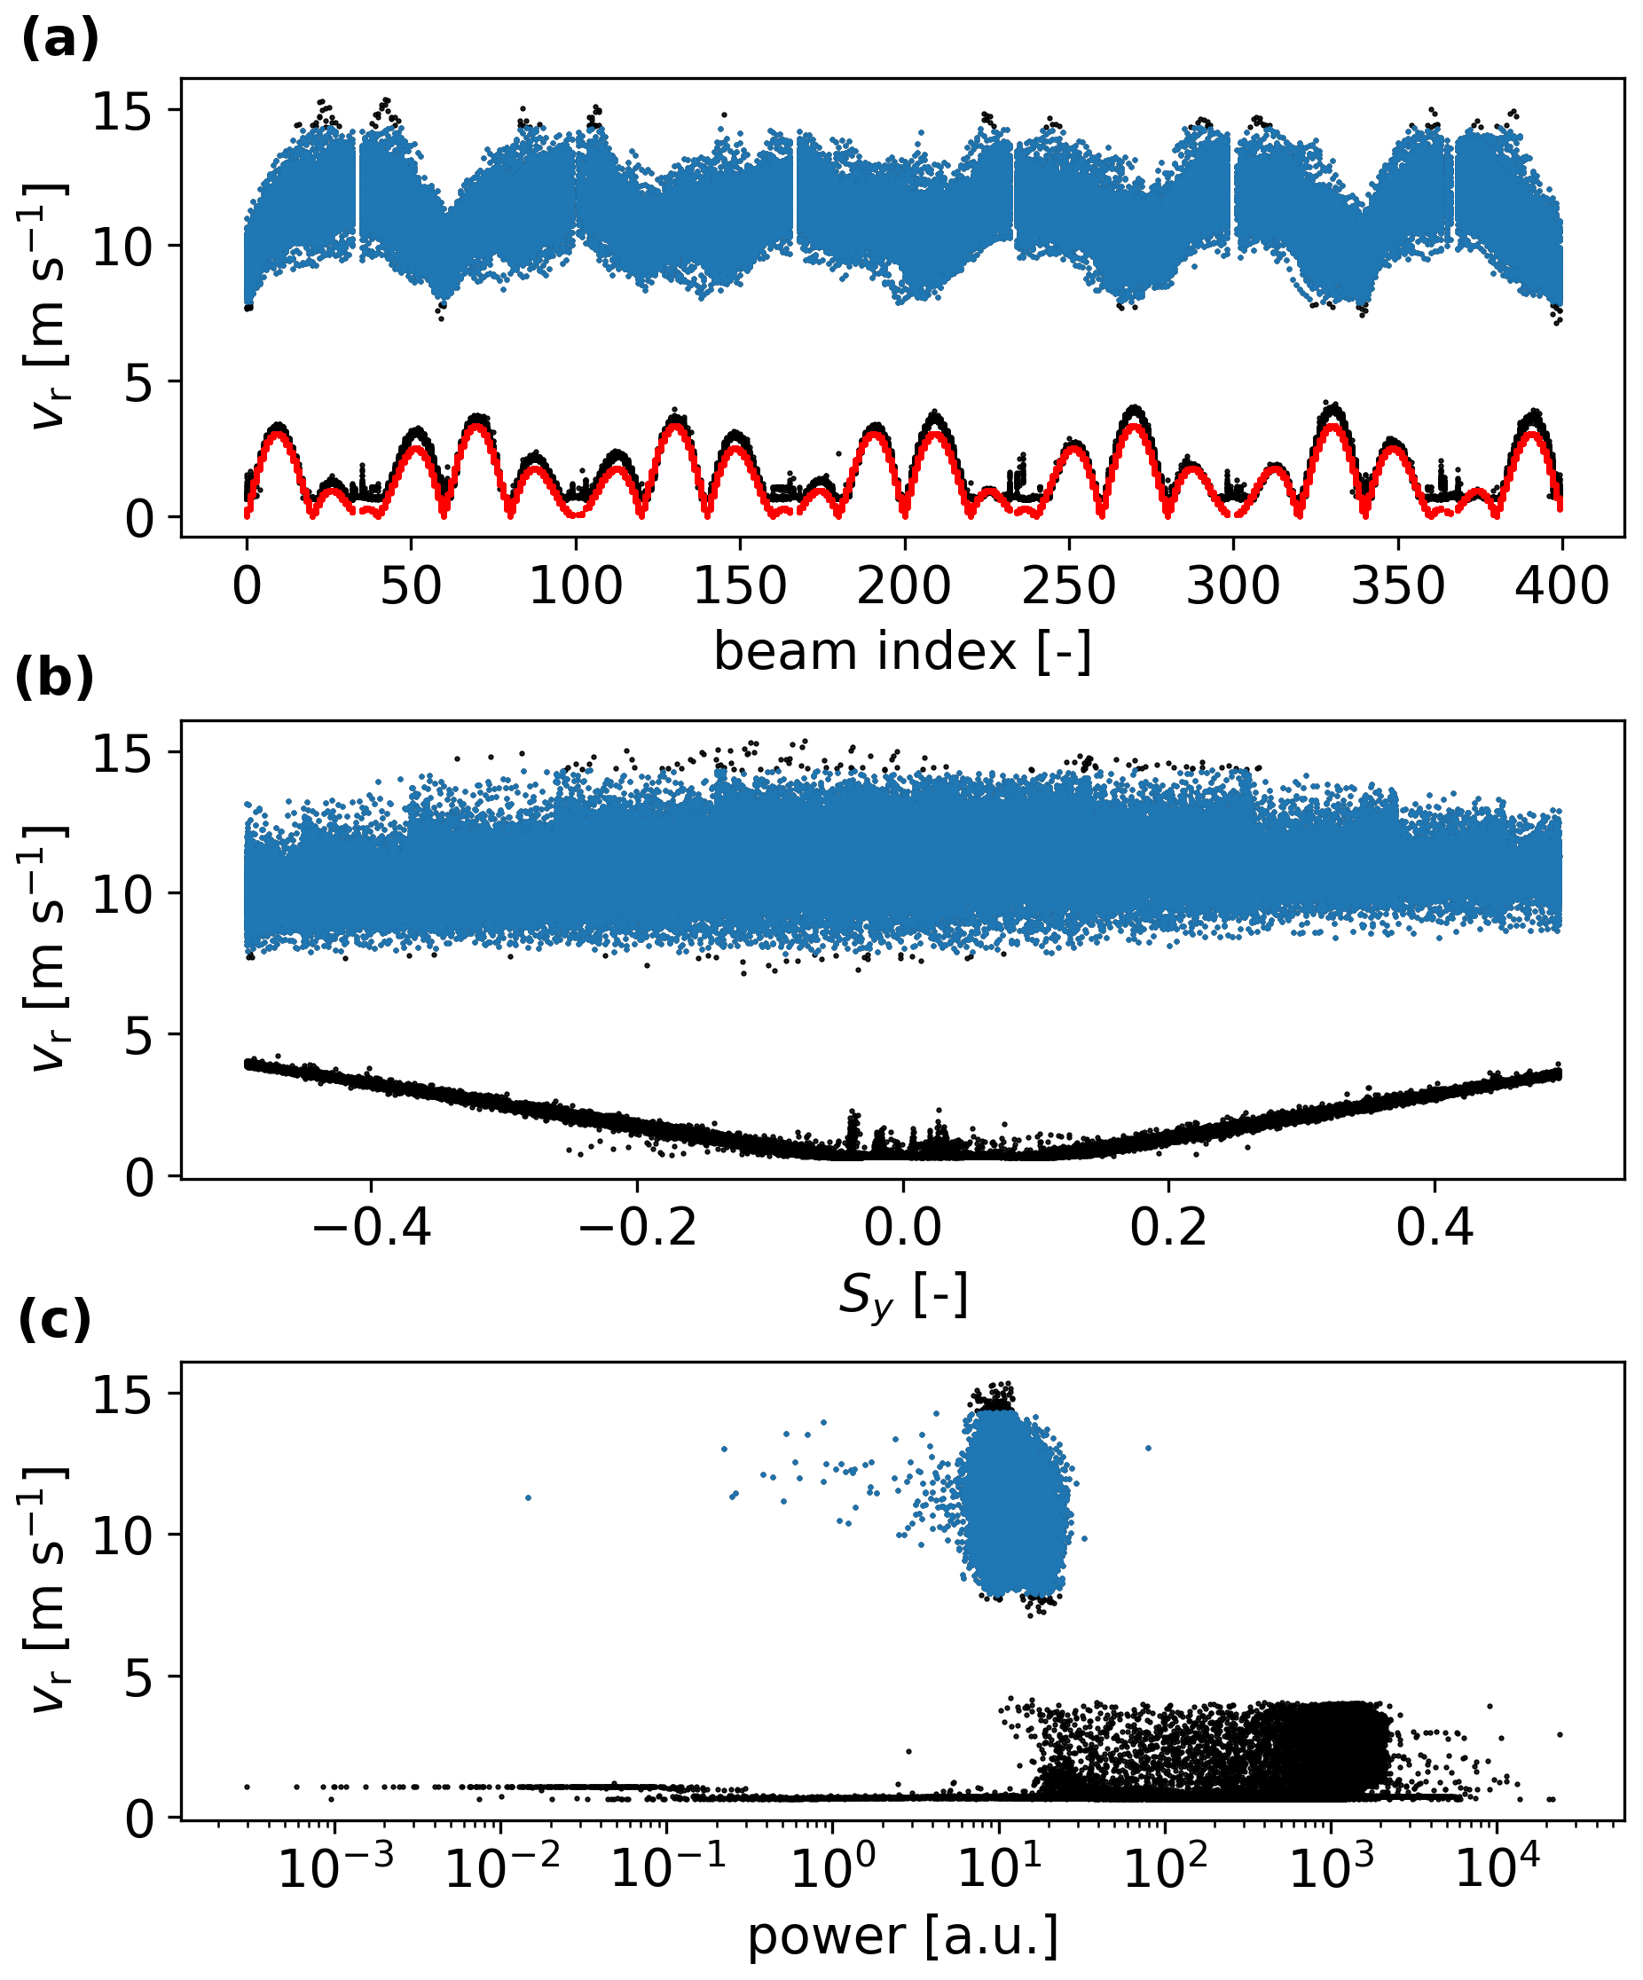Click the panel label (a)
(x=59, y=41)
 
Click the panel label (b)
(x=55, y=677)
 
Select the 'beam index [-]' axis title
(x=901, y=651)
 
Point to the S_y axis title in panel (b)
(x=901, y=1295)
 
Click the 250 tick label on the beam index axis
(x=1069, y=586)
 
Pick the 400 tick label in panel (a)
(x=1562, y=586)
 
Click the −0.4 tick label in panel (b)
(x=372, y=1229)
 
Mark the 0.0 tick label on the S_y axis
(x=902, y=1229)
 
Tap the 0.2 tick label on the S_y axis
(x=1168, y=1229)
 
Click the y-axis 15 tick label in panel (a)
(x=122, y=110)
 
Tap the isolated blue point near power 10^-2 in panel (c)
(x=528, y=1497)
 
